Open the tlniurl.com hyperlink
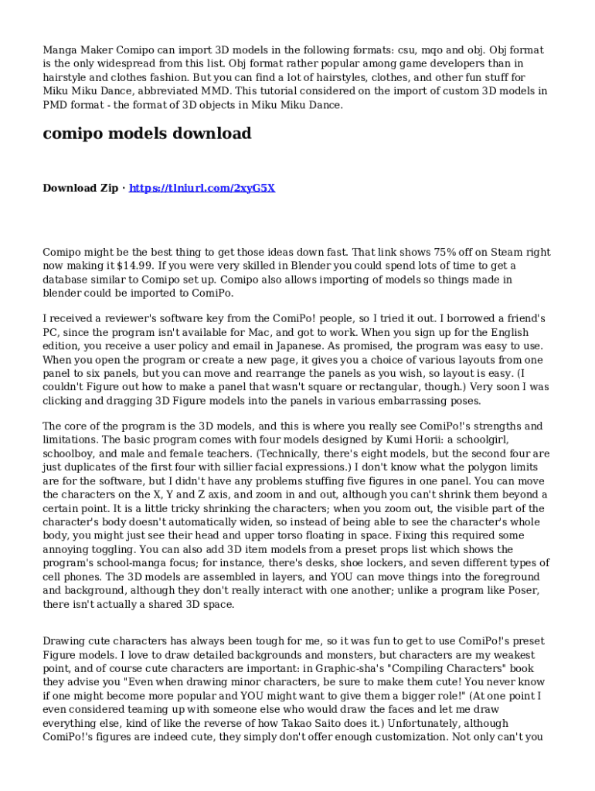point(202,188)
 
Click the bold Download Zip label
point(80,188)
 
